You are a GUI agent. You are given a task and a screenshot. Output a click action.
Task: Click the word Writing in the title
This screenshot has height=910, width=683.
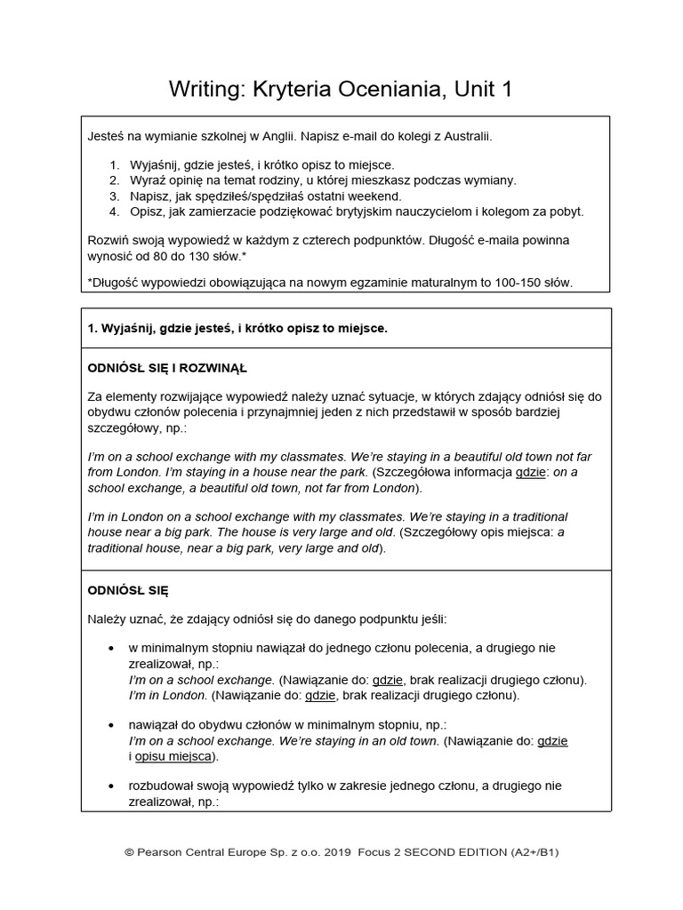click(x=201, y=90)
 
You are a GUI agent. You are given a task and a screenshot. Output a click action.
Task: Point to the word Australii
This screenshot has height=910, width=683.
click(x=466, y=138)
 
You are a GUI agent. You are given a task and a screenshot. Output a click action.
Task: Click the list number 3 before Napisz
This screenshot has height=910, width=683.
click(x=113, y=196)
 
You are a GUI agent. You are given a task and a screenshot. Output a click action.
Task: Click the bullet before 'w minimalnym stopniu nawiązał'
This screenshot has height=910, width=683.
click(x=110, y=648)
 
